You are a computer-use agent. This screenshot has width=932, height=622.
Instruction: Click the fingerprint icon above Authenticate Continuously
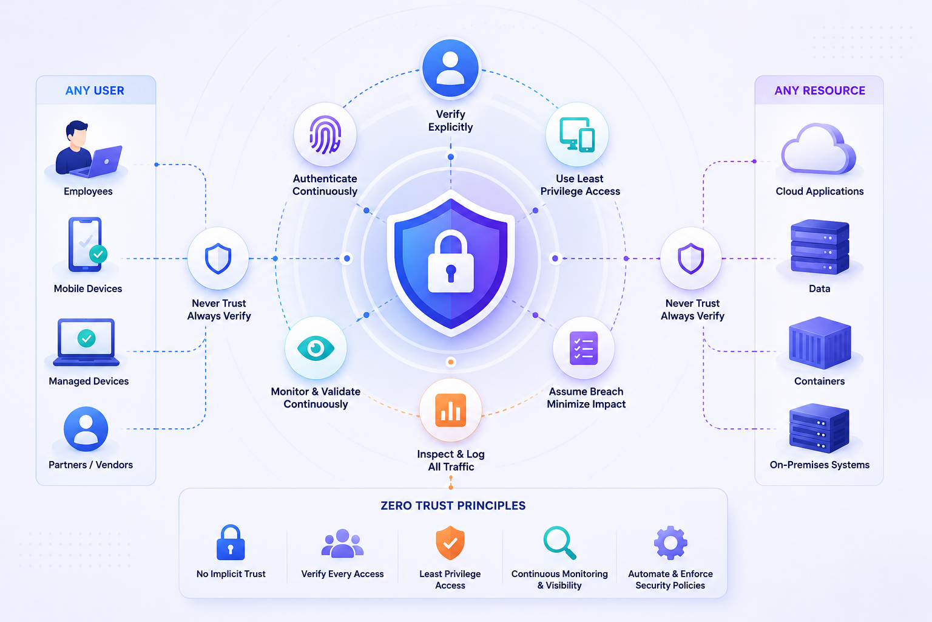point(325,135)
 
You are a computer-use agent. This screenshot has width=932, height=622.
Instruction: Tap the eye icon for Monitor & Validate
point(316,348)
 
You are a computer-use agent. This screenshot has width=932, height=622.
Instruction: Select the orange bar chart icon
point(450,411)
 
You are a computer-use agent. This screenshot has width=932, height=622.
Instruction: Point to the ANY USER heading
point(95,91)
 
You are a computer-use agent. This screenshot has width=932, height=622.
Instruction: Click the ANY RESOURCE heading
point(820,91)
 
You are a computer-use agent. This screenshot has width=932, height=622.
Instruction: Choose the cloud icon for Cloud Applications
point(819,149)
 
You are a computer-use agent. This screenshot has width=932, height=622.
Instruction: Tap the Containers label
point(819,381)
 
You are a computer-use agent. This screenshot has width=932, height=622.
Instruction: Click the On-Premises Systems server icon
point(819,428)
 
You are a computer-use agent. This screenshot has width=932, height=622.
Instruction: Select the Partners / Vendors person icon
point(86,429)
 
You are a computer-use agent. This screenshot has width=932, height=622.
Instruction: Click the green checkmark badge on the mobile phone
point(98,254)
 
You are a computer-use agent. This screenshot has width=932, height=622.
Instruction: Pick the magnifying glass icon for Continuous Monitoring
point(559,543)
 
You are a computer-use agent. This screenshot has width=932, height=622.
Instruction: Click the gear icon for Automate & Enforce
point(670,542)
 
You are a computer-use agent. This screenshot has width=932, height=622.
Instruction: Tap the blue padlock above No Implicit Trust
point(231,542)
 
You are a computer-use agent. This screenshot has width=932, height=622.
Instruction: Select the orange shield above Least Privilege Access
point(450,542)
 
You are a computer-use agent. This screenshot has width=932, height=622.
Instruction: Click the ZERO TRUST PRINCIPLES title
point(453,506)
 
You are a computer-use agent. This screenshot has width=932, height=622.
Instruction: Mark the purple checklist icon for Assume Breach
point(583,348)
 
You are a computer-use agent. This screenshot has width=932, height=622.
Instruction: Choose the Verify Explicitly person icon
point(450,68)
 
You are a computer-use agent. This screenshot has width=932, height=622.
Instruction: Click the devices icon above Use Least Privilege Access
point(577,135)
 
